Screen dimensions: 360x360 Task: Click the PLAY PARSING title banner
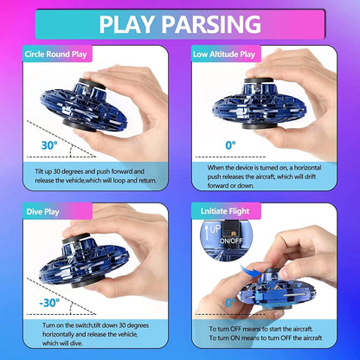[x=180, y=22]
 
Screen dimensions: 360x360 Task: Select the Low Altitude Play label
[x=224, y=54]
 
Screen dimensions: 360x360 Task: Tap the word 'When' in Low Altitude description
[x=216, y=166]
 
